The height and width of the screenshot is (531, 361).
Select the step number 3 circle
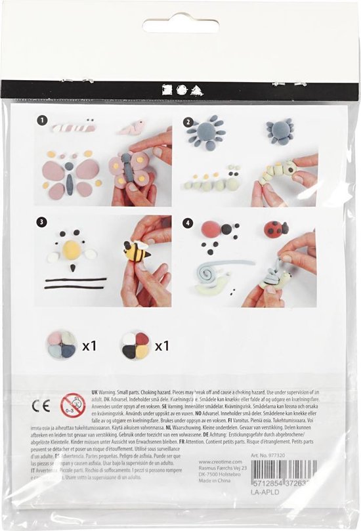pos(43,223)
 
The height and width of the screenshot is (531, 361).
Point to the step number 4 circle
pos(188,223)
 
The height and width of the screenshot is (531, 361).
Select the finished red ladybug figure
pos(276,228)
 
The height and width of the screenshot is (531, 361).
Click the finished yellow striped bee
pos(136,251)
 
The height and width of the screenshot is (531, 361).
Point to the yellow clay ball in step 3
pos(72,249)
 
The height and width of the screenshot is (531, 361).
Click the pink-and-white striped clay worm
pos(74,127)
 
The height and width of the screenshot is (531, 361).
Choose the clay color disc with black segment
pos(135,345)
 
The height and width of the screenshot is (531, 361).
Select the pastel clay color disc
pos(62,345)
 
